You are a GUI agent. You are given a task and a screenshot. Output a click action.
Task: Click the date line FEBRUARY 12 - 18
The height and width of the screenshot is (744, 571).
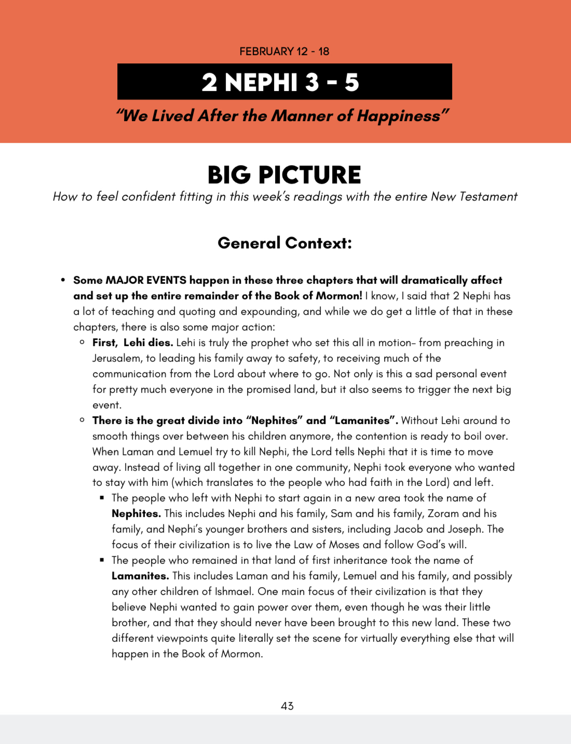[x=284, y=51]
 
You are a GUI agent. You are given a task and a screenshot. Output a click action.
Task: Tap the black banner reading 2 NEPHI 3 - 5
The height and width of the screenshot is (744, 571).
[x=284, y=82]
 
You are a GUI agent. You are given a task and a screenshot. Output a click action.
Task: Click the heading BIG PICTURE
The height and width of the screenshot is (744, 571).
[x=284, y=175]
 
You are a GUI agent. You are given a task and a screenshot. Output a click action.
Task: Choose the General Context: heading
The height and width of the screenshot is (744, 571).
[x=284, y=243]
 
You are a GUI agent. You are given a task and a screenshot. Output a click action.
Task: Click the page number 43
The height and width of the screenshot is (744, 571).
[x=287, y=706]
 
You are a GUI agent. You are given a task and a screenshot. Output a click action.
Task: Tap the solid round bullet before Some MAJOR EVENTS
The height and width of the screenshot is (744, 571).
[x=63, y=280]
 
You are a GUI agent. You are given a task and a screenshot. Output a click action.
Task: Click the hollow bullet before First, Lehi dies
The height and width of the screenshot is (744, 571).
[x=82, y=342]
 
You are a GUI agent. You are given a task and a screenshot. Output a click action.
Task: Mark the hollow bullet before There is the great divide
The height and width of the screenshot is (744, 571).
[x=82, y=420]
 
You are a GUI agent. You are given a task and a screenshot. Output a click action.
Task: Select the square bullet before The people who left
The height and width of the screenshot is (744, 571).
[x=102, y=497]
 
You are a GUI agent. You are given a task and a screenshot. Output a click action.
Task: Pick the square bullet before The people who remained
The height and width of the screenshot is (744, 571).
[x=102, y=560]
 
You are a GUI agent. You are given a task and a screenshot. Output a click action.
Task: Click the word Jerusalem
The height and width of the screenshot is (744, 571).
[x=117, y=358]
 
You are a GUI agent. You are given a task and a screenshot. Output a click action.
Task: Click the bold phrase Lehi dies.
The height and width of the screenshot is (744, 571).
[x=148, y=342]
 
